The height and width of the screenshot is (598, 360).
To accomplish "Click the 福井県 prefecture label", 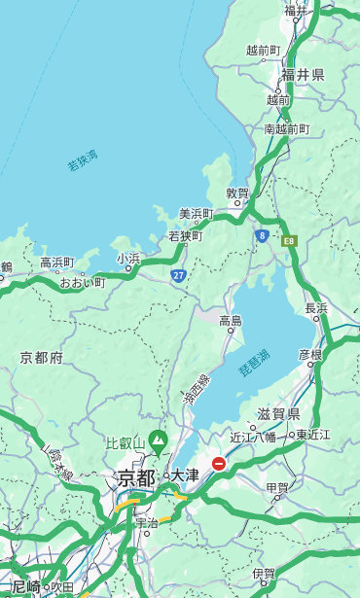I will click(x=303, y=75).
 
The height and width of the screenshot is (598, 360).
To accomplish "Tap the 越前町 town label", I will click(x=264, y=50).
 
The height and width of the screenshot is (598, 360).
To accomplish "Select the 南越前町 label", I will click(x=286, y=128).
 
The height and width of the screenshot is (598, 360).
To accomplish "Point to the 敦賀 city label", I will click(x=237, y=193).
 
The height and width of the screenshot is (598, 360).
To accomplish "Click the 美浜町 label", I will click(x=196, y=214).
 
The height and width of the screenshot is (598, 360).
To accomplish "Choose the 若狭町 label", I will click(x=185, y=236).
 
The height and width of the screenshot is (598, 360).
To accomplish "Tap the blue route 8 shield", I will click(x=262, y=235).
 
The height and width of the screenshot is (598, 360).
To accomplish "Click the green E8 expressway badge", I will click(x=289, y=239).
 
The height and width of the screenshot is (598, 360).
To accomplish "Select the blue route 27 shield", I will click(x=179, y=275).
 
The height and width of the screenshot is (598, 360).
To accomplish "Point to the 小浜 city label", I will click(x=128, y=259).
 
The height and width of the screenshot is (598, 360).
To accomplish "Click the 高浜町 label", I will click(x=56, y=263).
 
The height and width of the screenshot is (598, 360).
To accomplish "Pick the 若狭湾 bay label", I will click(x=83, y=160).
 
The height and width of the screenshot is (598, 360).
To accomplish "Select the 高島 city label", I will click(x=231, y=320).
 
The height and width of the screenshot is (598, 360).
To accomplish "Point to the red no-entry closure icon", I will click(x=220, y=464).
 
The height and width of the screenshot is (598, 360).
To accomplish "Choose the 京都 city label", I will click(x=135, y=477).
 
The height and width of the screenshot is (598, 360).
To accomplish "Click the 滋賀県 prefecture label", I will click(x=278, y=413).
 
